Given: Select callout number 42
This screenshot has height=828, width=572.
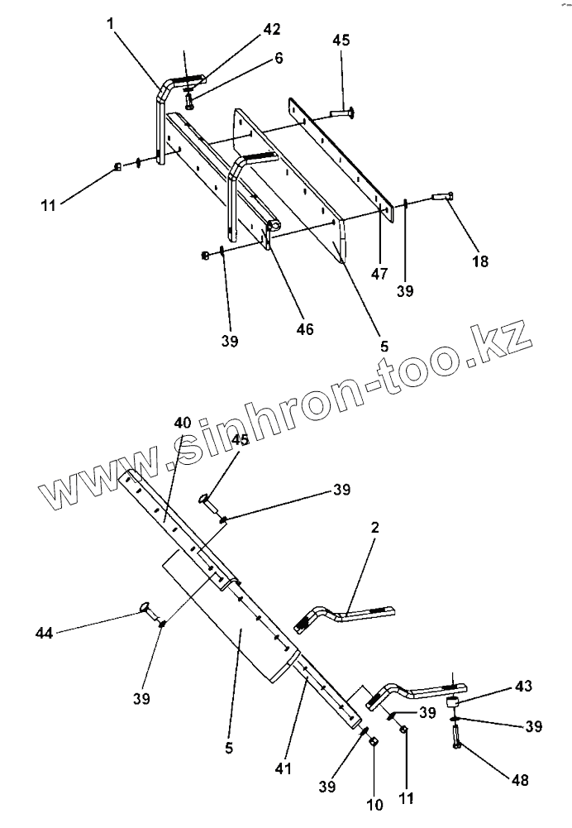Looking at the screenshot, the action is click(x=272, y=29).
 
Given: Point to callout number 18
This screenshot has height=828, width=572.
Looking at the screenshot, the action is click(x=479, y=261).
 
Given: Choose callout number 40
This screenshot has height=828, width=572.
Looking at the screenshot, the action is click(x=183, y=423).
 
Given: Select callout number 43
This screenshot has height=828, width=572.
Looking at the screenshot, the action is click(x=524, y=687).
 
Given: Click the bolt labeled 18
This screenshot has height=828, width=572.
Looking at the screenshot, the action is click(x=440, y=196).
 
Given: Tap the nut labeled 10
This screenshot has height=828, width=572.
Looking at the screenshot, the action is click(x=372, y=742).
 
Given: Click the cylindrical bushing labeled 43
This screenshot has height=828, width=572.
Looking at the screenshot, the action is click(x=453, y=703).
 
